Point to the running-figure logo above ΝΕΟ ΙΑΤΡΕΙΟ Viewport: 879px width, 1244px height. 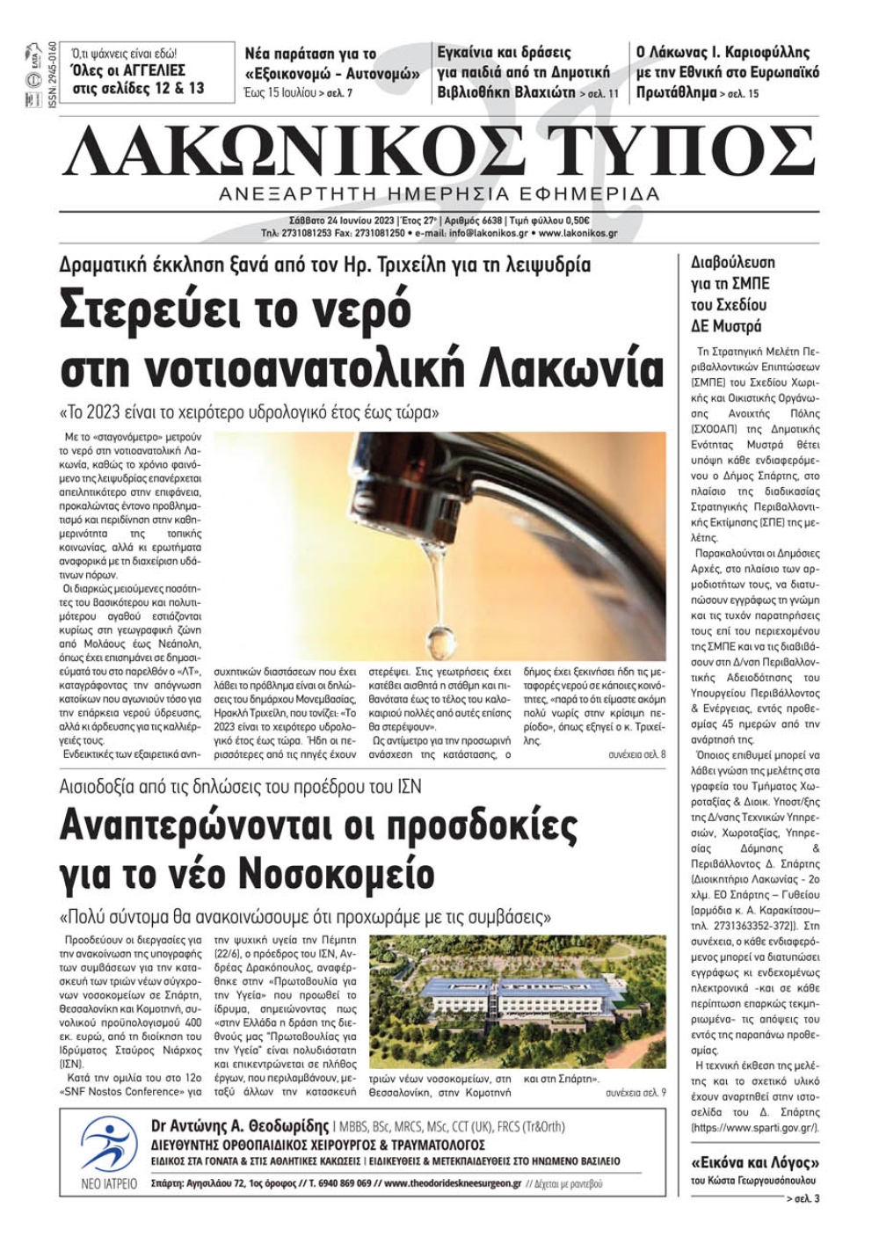coord(109,1146)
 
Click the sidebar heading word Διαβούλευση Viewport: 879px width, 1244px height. coord(733,262)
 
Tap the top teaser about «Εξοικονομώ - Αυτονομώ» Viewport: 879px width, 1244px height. coord(332,63)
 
